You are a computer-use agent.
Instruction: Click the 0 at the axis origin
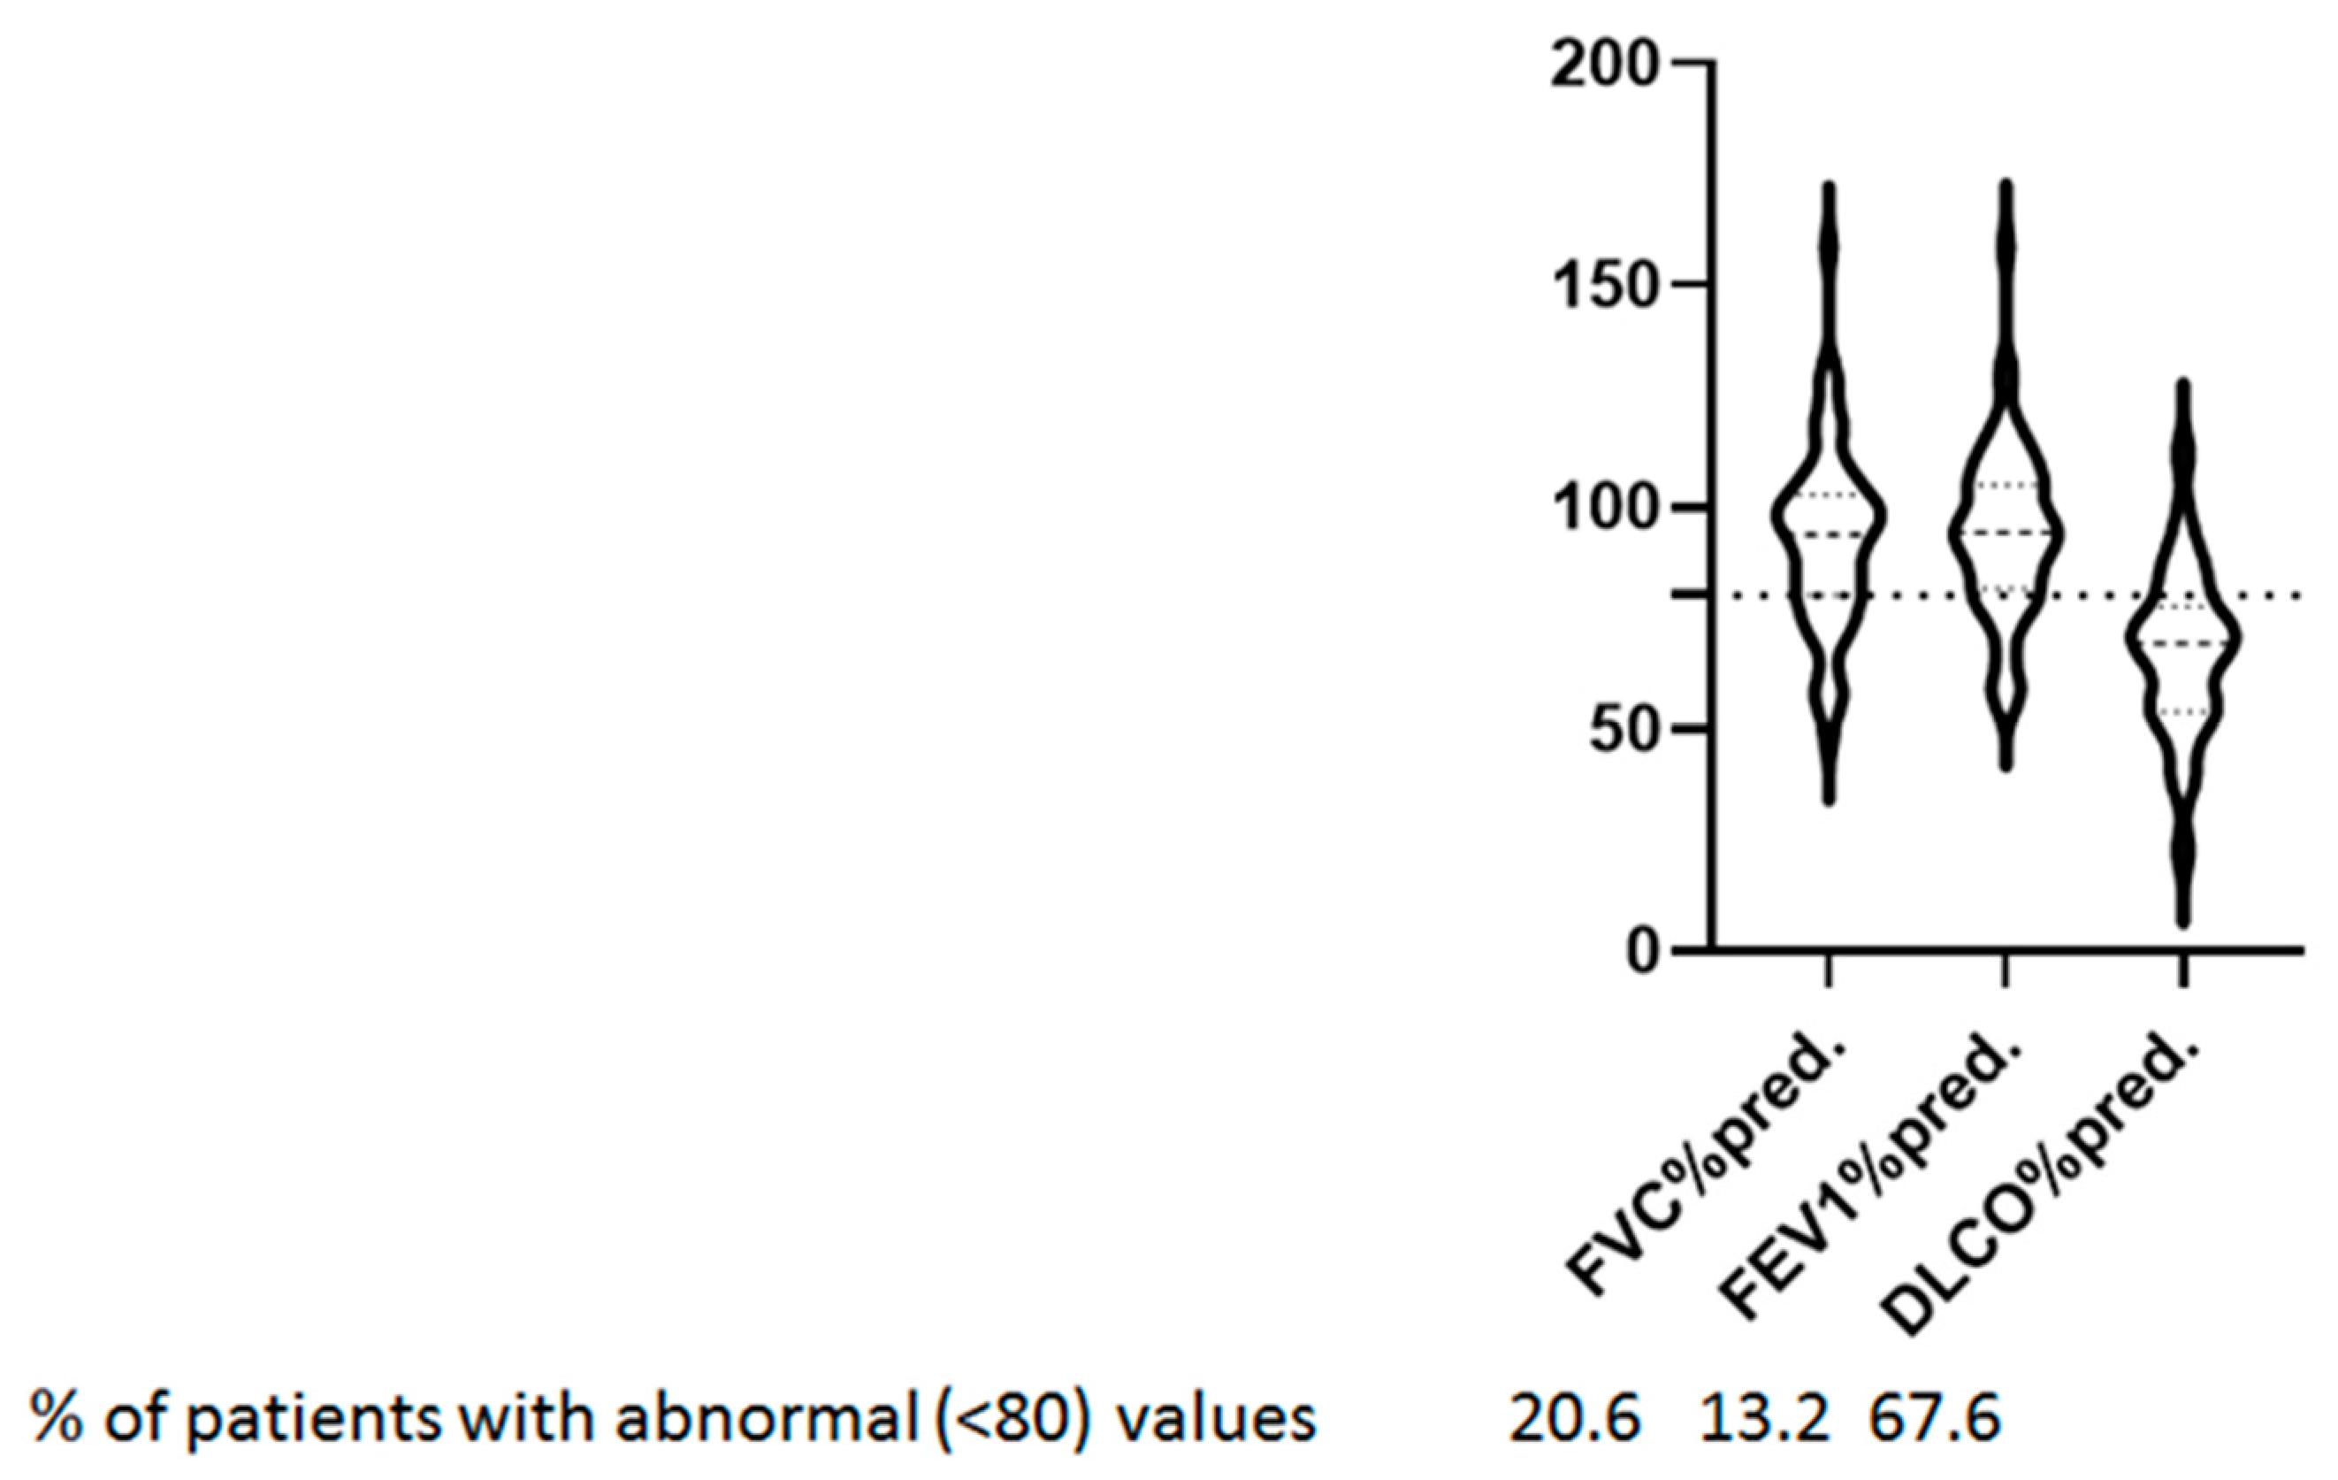pos(1643,953)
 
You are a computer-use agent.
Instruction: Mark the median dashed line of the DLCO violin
pos(2182,643)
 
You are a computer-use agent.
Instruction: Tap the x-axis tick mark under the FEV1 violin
pos(2006,970)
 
